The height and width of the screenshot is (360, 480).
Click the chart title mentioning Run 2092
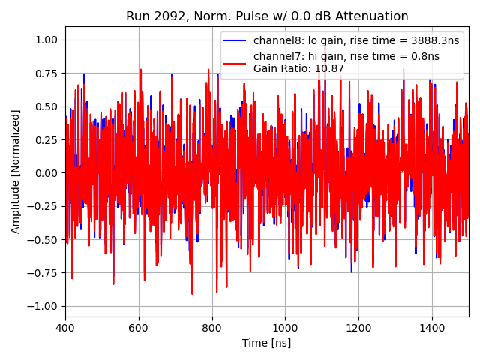[267, 16]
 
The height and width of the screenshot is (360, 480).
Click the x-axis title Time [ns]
[267, 343]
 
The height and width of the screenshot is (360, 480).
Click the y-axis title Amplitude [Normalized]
[16, 172]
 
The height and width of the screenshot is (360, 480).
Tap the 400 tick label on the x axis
[65, 328]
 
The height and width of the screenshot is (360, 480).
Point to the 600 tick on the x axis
[139, 328]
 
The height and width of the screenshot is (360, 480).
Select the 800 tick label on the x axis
[211, 328]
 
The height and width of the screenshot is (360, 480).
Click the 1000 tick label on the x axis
[285, 328]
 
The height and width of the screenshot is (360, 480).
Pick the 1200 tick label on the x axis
[358, 328]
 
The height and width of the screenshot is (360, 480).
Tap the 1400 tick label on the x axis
[431, 328]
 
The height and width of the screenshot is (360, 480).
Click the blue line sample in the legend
[236, 40]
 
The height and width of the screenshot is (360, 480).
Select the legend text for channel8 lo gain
[356, 40]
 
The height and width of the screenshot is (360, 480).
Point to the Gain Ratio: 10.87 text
[298, 69]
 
